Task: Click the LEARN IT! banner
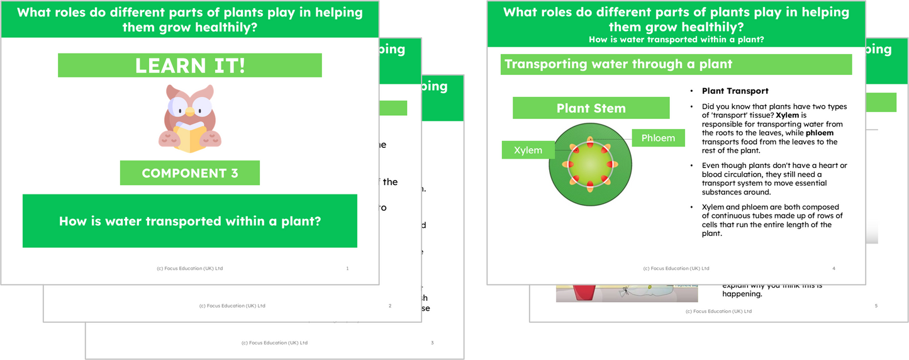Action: pyautogui.click(x=189, y=65)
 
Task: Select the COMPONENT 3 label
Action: pyautogui.click(x=189, y=173)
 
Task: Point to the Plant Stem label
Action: pyautogui.click(x=591, y=108)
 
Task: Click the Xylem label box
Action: pyautogui.click(x=528, y=150)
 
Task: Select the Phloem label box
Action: pyautogui.click(x=658, y=138)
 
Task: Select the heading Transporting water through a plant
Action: pyautogui.click(x=618, y=64)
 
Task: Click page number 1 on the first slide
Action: pyautogui.click(x=347, y=269)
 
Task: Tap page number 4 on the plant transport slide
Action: pyautogui.click(x=834, y=269)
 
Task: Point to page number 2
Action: pyautogui.click(x=390, y=306)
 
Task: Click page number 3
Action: pyautogui.click(x=432, y=343)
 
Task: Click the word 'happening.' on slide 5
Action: pyautogui.click(x=742, y=294)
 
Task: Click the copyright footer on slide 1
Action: pyautogui.click(x=189, y=269)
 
